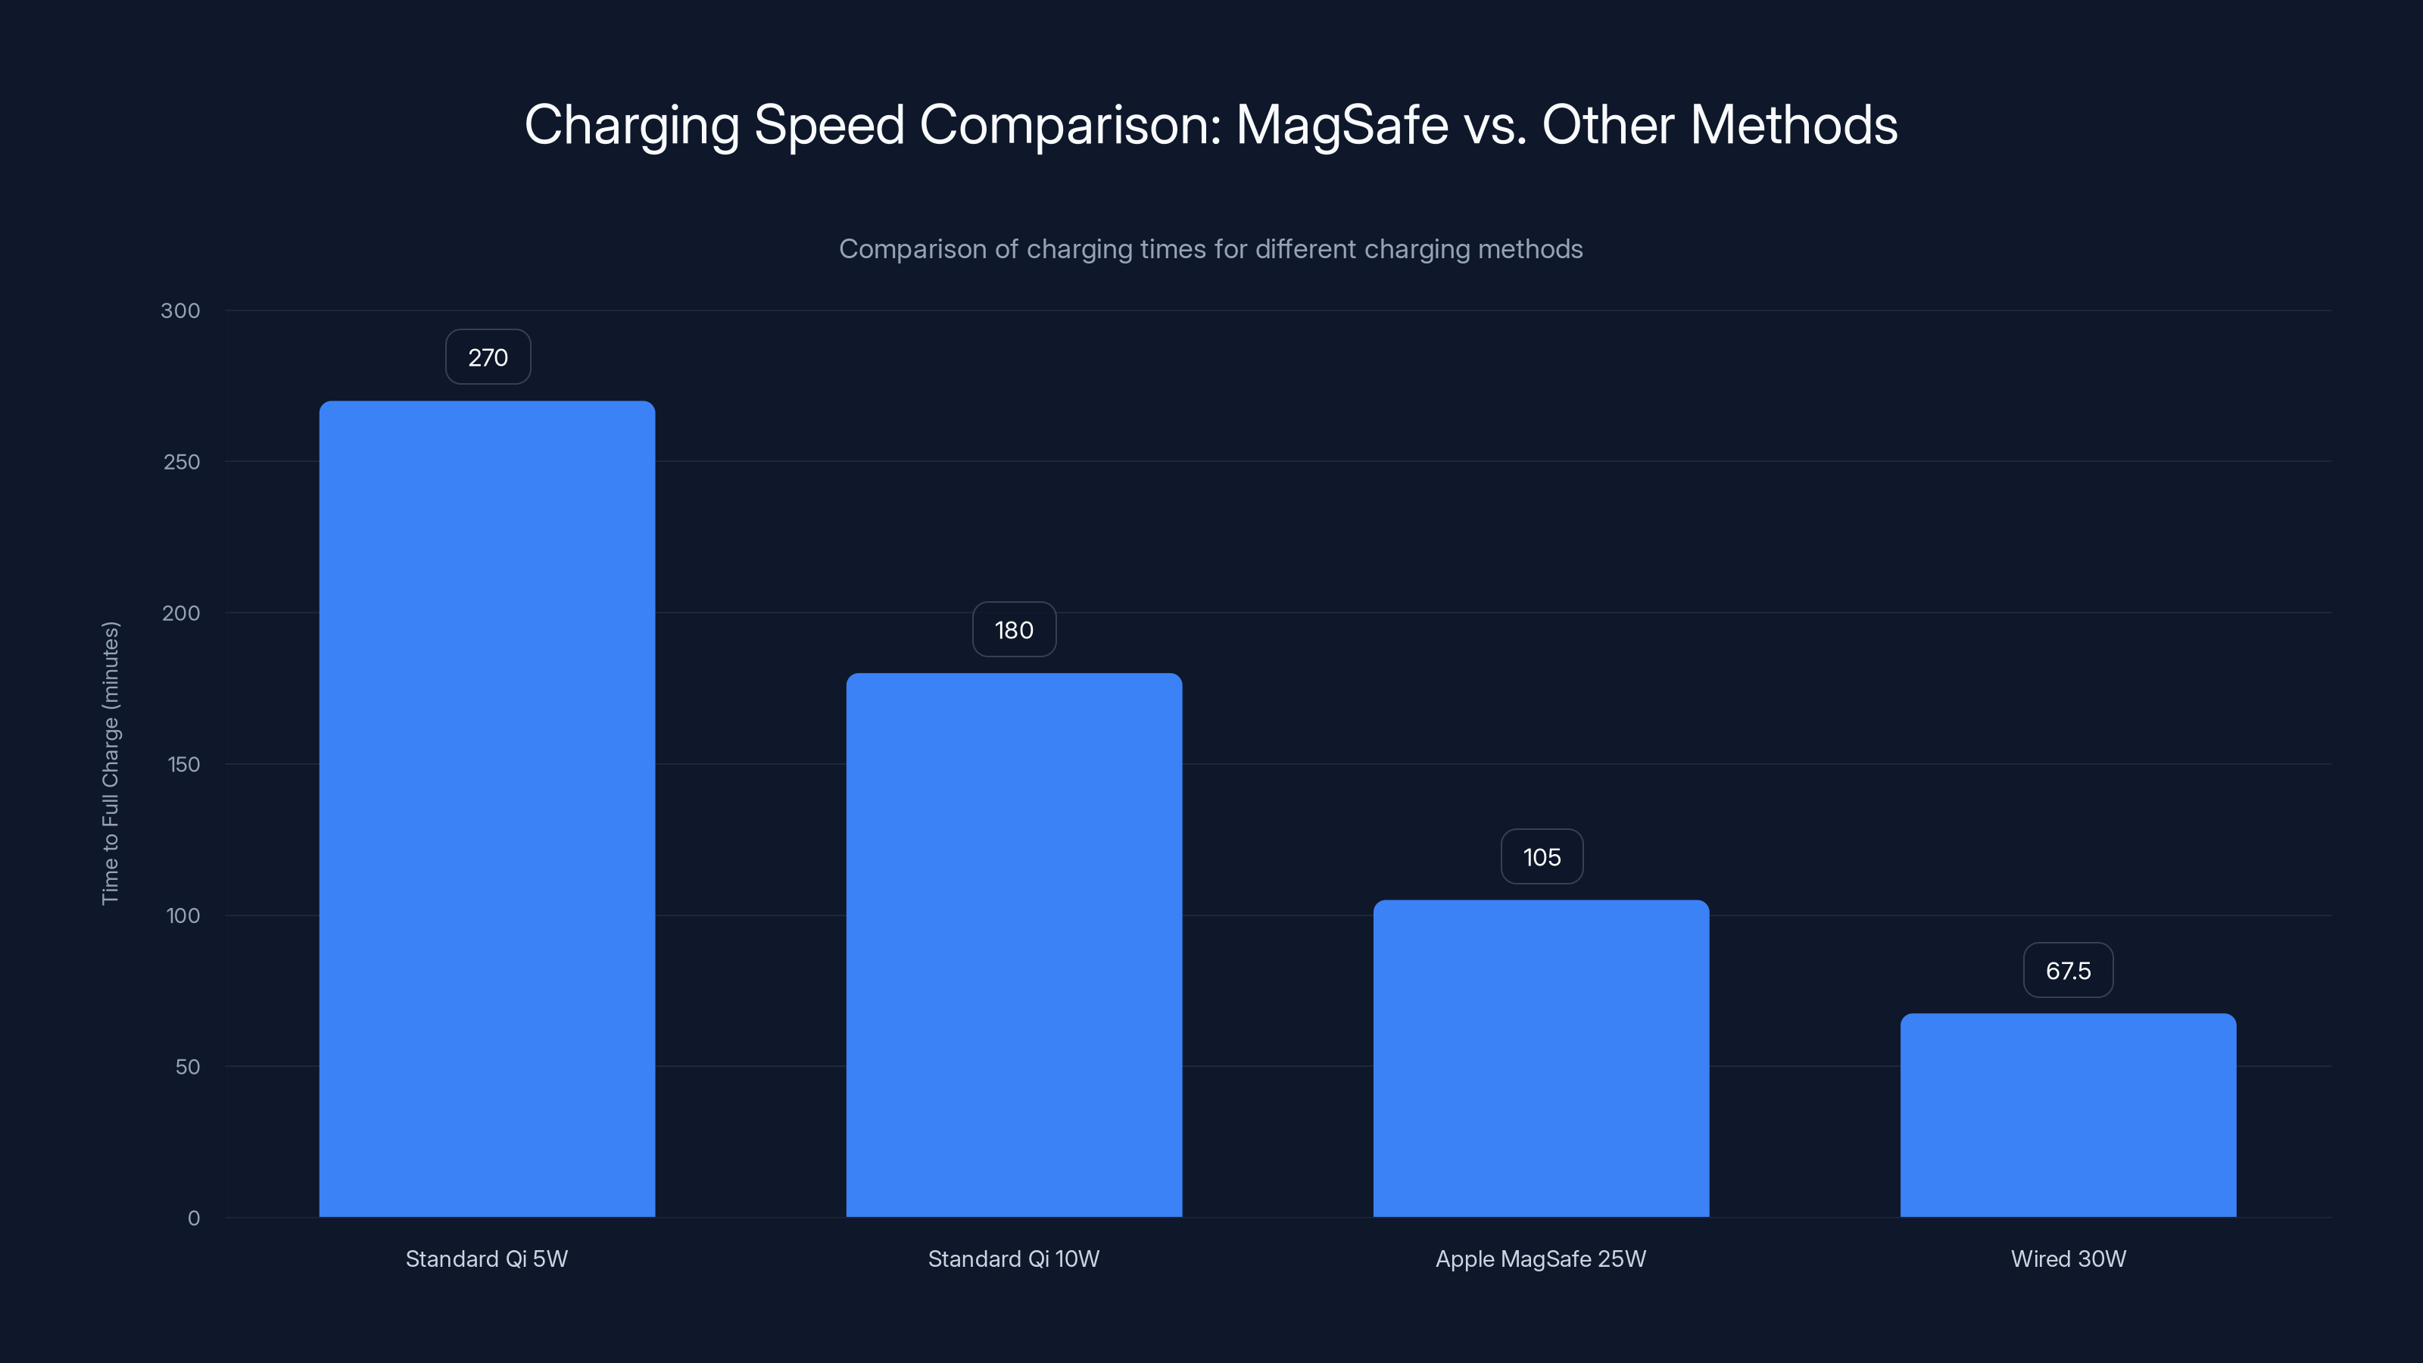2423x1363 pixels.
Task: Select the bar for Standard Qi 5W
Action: [x=486, y=809]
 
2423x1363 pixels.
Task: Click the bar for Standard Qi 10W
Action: [x=1014, y=945]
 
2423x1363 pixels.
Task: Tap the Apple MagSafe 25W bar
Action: [x=1541, y=1059]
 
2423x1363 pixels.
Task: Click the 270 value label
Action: [x=487, y=357]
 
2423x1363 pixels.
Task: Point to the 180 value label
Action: [x=1014, y=630]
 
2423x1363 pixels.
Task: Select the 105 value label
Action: [x=1542, y=857]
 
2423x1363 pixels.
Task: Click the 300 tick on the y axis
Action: [x=181, y=310]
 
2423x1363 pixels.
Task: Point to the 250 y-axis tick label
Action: [x=182, y=462]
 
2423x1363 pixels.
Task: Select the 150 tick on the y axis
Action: [x=183, y=765]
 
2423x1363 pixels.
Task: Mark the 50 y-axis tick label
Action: [x=187, y=1067]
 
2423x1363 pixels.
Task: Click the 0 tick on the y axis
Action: [x=194, y=1218]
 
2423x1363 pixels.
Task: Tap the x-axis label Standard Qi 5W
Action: [x=486, y=1259]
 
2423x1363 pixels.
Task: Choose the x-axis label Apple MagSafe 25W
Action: [x=1541, y=1259]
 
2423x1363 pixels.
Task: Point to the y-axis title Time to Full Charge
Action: [x=110, y=763]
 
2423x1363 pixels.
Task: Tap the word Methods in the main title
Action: [x=1794, y=125]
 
